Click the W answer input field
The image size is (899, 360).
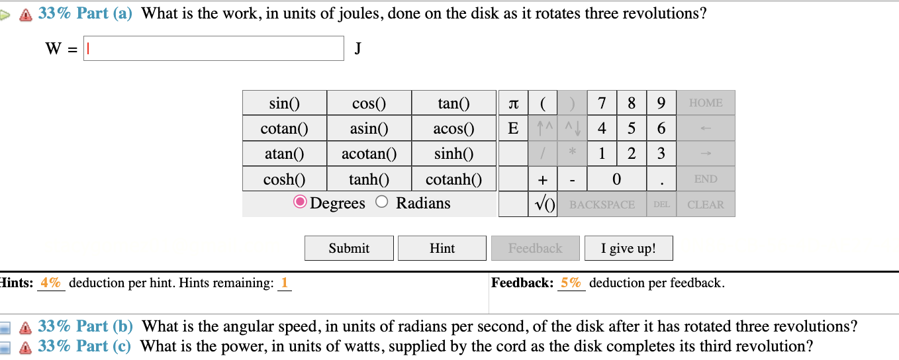tap(213, 48)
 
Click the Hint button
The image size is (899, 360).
tap(442, 248)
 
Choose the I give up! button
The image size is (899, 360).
tap(628, 248)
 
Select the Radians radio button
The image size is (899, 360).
tap(381, 203)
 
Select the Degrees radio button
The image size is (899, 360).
tap(300, 203)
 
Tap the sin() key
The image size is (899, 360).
tap(284, 103)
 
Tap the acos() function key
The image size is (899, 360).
tap(453, 128)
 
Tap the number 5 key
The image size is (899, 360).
tap(631, 128)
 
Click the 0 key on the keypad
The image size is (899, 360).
tap(616, 179)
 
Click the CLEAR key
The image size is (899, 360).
tap(706, 204)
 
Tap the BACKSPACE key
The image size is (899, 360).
tap(602, 204)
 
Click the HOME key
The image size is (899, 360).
tap(706, 103)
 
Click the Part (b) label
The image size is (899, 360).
tap(105, 326)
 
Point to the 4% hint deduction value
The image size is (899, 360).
tap(50, 283)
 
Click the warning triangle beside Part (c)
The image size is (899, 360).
tap(26, 347)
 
